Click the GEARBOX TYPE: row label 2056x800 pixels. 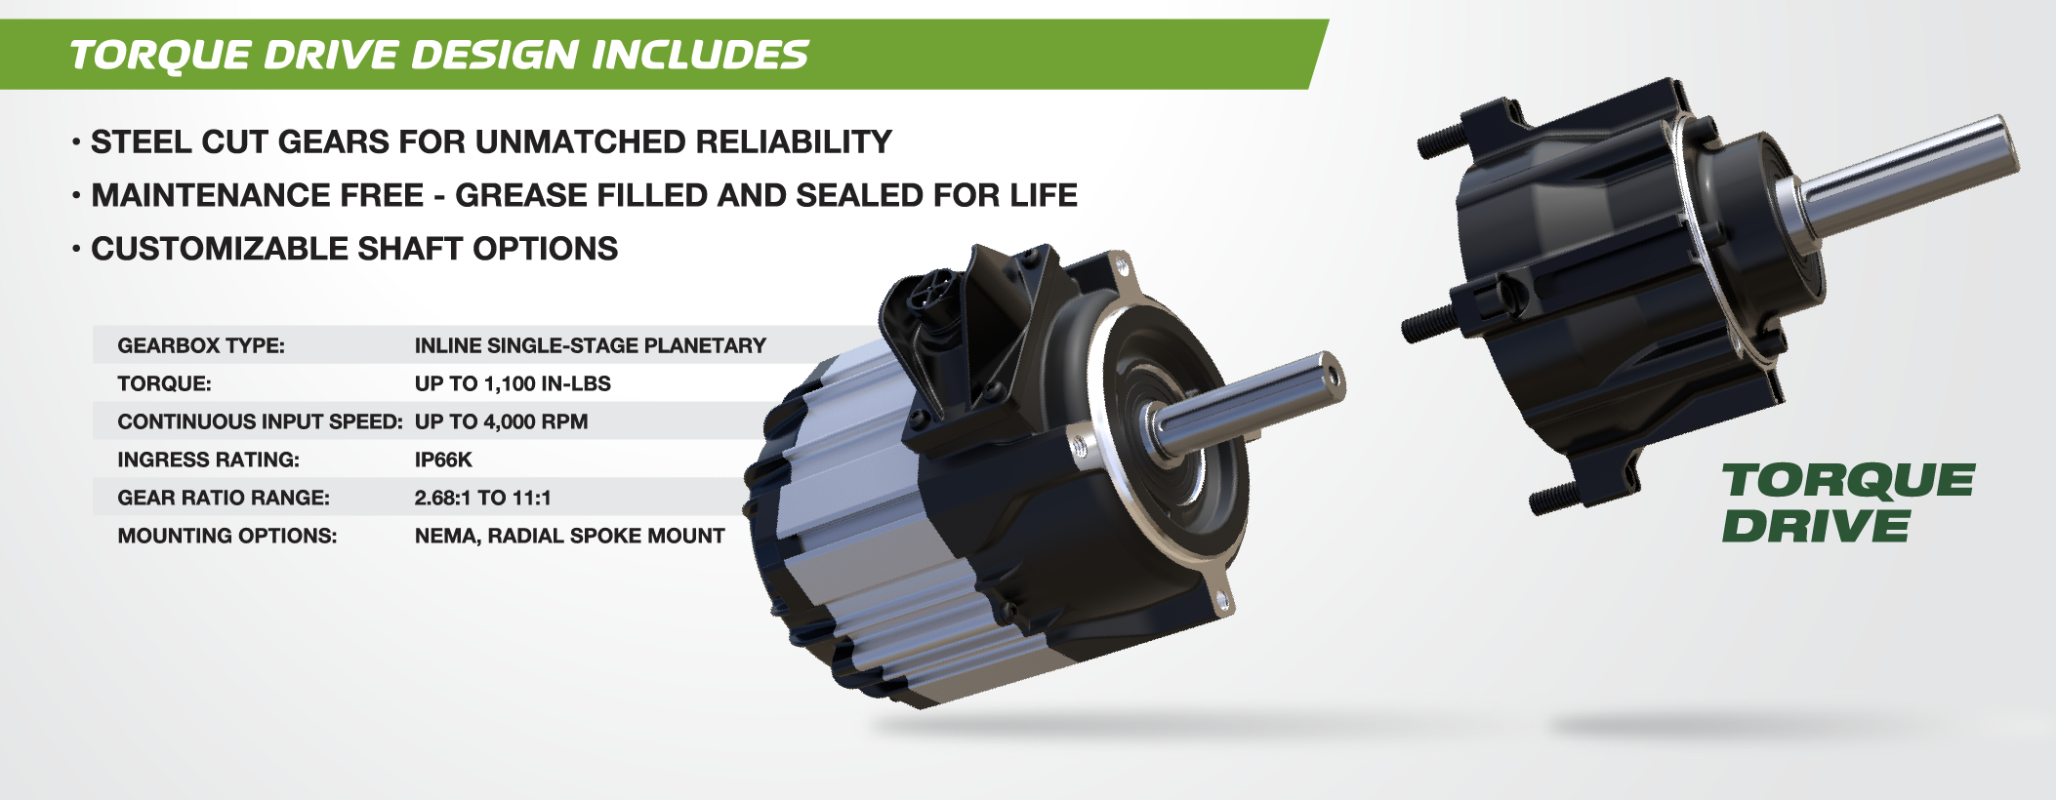click(x=201, y=345)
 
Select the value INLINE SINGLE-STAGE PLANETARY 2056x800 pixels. click(x=590, y=345)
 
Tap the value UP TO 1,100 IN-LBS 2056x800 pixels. click(x=513, y=383)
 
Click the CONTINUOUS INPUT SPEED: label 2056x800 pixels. click(x=260, y=421)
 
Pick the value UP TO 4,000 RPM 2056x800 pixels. click(x=501, y=421)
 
